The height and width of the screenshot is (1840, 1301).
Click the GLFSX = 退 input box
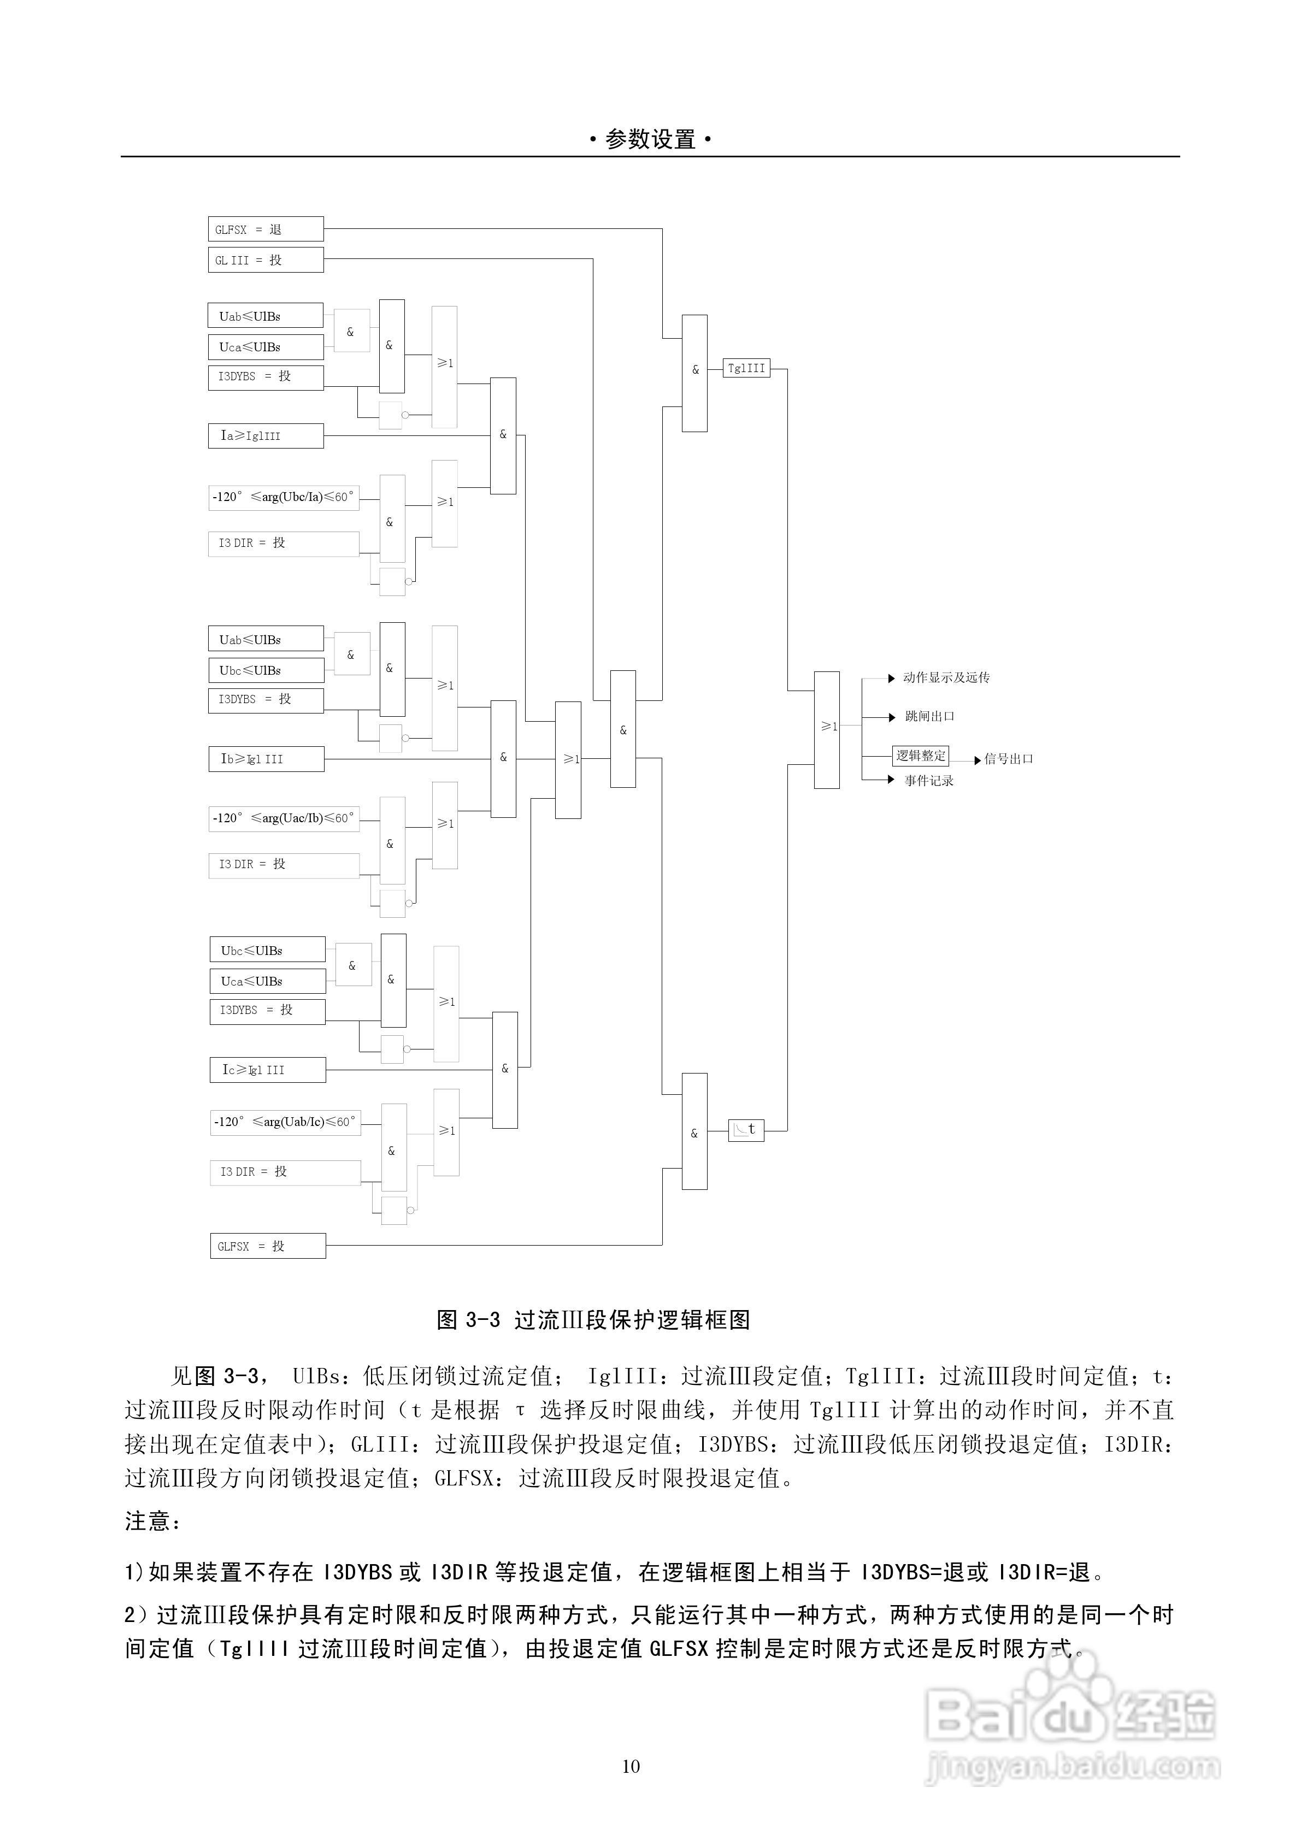click(x=266, y=229)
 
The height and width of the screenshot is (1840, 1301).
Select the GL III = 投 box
click(x=266, y=260)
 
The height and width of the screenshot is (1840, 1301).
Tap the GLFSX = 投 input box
click(x=268, y=1246)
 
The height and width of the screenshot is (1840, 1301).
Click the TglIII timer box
click(x=746, y=369)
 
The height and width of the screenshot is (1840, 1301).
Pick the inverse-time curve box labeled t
click(x=745, y=1130)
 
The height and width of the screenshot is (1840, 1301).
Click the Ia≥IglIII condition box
click(x=266, y=436)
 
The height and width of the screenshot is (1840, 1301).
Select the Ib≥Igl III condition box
click(x=266, y=759)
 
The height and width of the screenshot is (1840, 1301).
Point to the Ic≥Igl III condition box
click(x=268, y=1070)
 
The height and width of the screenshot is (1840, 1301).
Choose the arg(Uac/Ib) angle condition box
click(x=284, y=818)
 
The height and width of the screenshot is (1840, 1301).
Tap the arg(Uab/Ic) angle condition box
click(x=285, y=1122)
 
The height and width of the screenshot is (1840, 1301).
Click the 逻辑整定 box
click(x=920, y=756)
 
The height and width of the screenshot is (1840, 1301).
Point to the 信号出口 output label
click(x=1009, y=759)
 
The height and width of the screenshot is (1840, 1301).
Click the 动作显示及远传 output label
click(x=946, y=678)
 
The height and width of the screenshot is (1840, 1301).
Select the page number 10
click(x=631, y=1766)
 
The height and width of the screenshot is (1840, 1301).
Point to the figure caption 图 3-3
click(x=593, y=1320)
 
